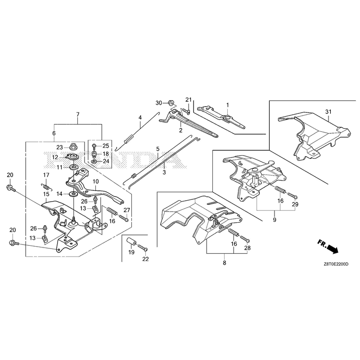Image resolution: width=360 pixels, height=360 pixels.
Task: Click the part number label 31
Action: (x=328, y=112)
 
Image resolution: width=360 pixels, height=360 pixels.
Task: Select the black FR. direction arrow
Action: (x=332, y=249)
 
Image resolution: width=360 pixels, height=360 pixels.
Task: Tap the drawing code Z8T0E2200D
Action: (x=336, y=264)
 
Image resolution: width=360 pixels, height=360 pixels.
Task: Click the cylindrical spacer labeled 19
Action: (x=131, y=242)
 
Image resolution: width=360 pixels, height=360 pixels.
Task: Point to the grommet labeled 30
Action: (x=171, y=103)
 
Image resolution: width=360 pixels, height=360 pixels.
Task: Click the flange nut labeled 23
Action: (x=73, y=146)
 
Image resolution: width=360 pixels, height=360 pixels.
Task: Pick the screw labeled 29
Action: (x=292, y=196)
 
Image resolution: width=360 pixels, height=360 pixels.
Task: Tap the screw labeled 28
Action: (x=244, y=239)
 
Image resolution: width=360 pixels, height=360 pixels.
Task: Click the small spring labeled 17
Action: (x=47, y=186)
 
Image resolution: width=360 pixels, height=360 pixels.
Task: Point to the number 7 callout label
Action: (x=78, y=114)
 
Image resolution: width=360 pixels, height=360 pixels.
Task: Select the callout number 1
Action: (x=228, y=105)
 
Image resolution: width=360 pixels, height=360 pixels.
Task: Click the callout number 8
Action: (x=224, y=263)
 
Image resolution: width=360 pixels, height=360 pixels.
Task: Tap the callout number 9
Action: (x=274, y=220)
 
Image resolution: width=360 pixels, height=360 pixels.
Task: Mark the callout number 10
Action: (x=95, y=181)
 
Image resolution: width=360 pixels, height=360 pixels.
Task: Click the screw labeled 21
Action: (x=186, y=111)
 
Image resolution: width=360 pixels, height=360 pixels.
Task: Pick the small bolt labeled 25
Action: (x=94, y=146)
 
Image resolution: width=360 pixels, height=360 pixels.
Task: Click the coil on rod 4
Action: (x=129, y=139)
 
